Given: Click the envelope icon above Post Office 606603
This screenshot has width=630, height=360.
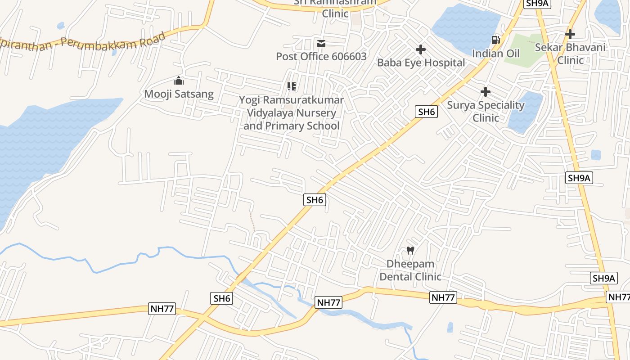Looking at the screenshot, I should click(x=321, y=43).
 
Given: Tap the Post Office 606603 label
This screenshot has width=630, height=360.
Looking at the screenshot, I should click(x=321, y=56).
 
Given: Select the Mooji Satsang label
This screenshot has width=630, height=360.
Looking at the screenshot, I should click(x=179, y=94).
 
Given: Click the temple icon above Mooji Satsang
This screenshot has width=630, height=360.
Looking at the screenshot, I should click(x=179, y=81).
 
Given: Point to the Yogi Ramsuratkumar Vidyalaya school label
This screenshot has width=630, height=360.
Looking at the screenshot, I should click(x=292, y=113).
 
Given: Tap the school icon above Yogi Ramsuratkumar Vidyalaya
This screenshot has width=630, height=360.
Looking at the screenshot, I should click(x=292, y=86).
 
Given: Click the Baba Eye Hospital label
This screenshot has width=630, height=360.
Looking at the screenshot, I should click(x=421, y=63).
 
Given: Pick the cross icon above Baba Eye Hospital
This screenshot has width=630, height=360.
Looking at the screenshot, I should click(x=421, y=49).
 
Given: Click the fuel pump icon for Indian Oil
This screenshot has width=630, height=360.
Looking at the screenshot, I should click(x=495, y=40).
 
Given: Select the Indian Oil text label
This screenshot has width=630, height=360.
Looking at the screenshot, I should click(x=495, y=54).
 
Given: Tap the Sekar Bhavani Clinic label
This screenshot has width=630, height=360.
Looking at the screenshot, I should click(x=570, y=53).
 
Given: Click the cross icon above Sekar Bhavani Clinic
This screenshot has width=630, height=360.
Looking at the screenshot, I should click(x=570, y=34).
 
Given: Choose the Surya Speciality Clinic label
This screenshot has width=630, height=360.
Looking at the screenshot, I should click(x=486, y=111).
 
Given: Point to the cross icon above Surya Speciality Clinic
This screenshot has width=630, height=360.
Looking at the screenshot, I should click(x=486, y=92).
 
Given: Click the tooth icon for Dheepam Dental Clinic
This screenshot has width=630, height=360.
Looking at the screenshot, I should click(x=410, y=250).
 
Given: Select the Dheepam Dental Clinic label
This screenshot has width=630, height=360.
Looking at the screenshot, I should click(x=410, y=270).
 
